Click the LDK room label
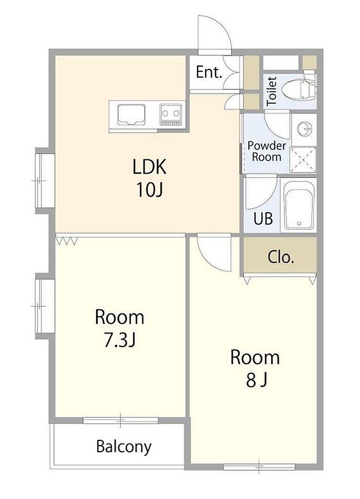click(x=150, y=167)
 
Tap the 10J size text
click(x=150, y=190)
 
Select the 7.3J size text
click(x=120, y=340)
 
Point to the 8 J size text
click(x=256, y=380)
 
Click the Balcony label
click(x=123, y=446)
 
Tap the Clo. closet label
click(x=281, y=257)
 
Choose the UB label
click(x=263, y=218)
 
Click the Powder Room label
click(x=266, y=151)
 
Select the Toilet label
click(x=272, y=91)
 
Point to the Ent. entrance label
click(x=209, y=72)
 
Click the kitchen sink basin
click(x=131, y=114)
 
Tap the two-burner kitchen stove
click(x=171, y=114)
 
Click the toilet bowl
click(x=298, y=88)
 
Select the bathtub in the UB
click(x=299, y=205)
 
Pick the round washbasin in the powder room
click(x=304, y=129)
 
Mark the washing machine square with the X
click(x=303, y=160)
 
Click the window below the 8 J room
click(x=259, y=467)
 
